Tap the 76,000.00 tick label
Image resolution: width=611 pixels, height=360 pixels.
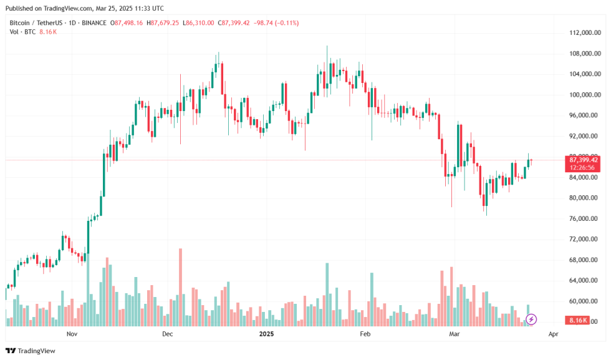point(586,218)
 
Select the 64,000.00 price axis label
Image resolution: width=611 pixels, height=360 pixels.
point(586,281)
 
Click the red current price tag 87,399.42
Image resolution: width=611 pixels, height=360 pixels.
point(584,160)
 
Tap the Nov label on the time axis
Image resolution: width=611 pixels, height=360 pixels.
point(72,334)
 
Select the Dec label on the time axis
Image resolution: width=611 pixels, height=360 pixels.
point(167,334)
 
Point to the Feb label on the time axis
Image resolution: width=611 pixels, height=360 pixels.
point(365,334)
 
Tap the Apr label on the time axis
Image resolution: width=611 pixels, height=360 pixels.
point(552,334)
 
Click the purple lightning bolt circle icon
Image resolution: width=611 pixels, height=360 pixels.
point(531,319)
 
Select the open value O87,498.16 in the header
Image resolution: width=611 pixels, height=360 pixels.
point(127,23)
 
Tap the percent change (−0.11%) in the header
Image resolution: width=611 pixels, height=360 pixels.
point(284,23)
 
